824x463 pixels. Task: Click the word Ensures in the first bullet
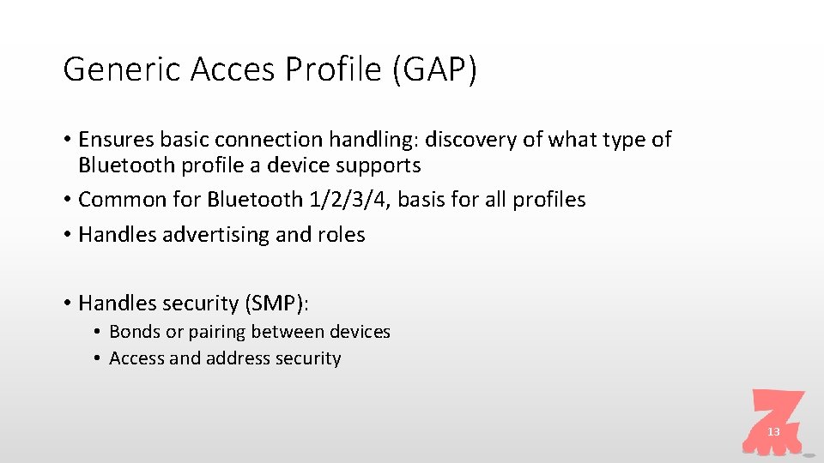pyautogui.click(x=112, y=139)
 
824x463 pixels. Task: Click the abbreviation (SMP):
pyautogui.click(x=280, y=303)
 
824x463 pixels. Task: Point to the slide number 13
pyautogui.click(x=773, y=432)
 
